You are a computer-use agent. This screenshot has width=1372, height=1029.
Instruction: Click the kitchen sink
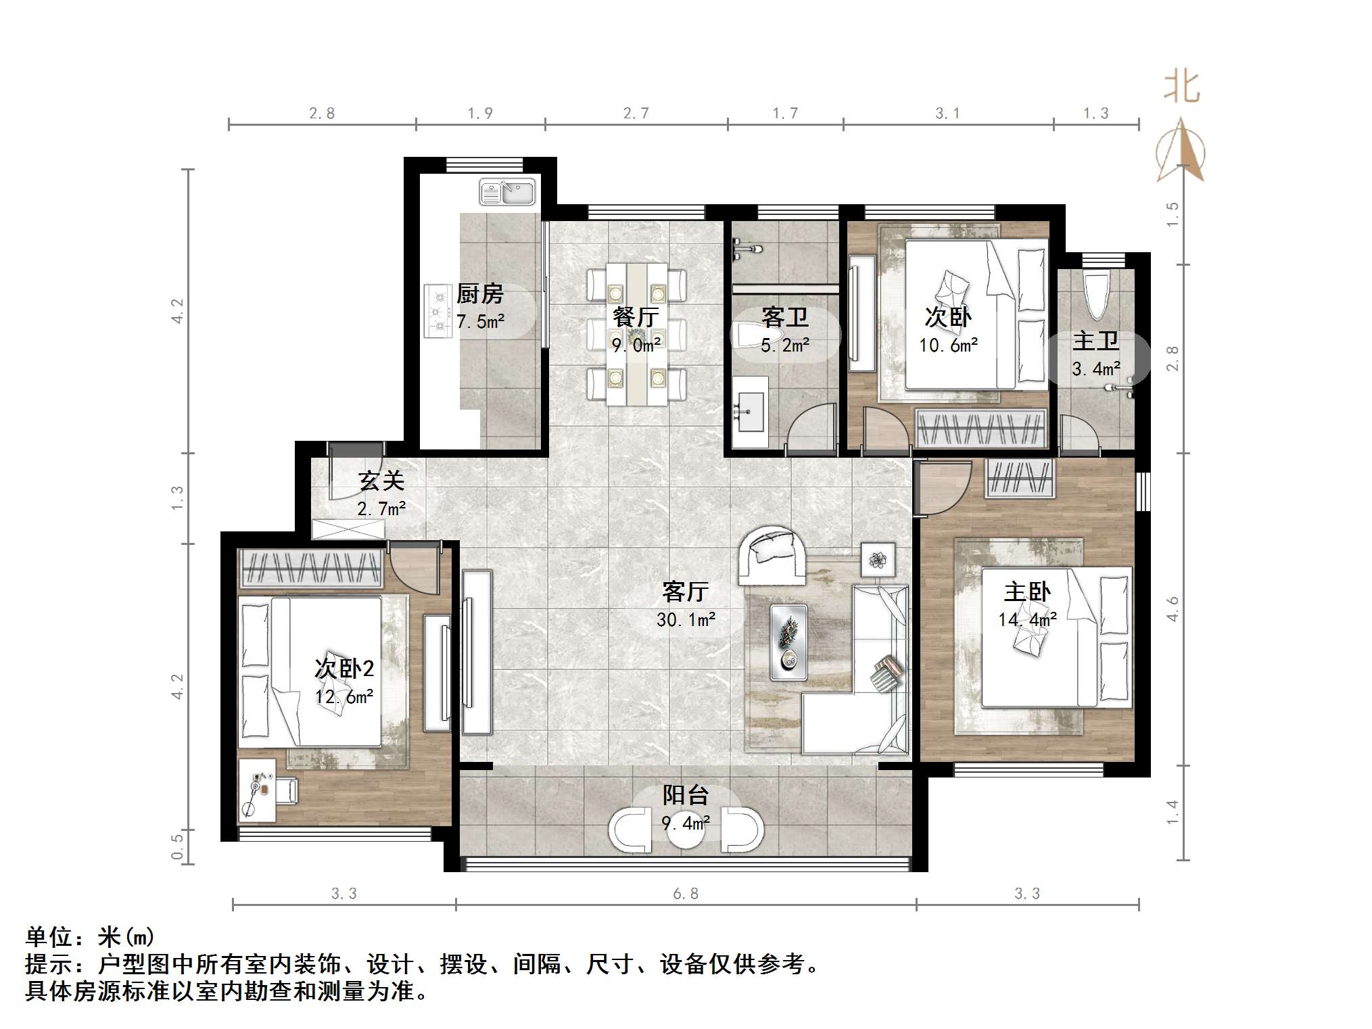[507, 191]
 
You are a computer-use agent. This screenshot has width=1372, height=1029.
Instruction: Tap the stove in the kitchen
[437, 311]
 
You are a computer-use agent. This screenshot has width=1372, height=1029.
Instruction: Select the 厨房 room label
[480, 294]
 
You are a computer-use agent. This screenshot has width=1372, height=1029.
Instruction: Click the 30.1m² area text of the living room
[686, 619]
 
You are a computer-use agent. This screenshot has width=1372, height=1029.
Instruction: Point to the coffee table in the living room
[788, 642]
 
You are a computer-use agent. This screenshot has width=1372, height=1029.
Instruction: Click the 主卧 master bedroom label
[1027, 592]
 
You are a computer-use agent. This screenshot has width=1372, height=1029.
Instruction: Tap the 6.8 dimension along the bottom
[686, 894]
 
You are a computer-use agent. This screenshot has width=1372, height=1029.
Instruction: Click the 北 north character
[1181, 87]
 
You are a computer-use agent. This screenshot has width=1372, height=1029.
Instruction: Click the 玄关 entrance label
[381, 481]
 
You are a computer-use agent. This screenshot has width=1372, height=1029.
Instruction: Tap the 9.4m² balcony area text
[686, 823]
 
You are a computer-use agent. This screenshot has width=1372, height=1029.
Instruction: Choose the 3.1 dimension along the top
[947, 114]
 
